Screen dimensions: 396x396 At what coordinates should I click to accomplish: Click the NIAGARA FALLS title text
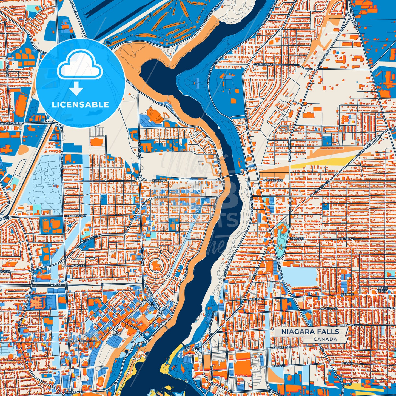click(310, 331)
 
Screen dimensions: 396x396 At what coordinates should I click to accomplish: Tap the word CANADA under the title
click(325, 339)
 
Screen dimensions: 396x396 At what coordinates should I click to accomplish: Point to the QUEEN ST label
click(161, 197)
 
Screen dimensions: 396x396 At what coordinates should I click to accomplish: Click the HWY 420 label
click(54, 285)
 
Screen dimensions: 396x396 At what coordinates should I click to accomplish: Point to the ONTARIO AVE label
click(273, 180)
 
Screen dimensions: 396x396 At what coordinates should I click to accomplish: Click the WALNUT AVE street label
click(331, 308)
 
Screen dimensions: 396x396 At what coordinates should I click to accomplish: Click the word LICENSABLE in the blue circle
click(80, 104)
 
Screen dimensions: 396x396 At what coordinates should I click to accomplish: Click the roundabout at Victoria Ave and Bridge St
click(139, 179)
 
